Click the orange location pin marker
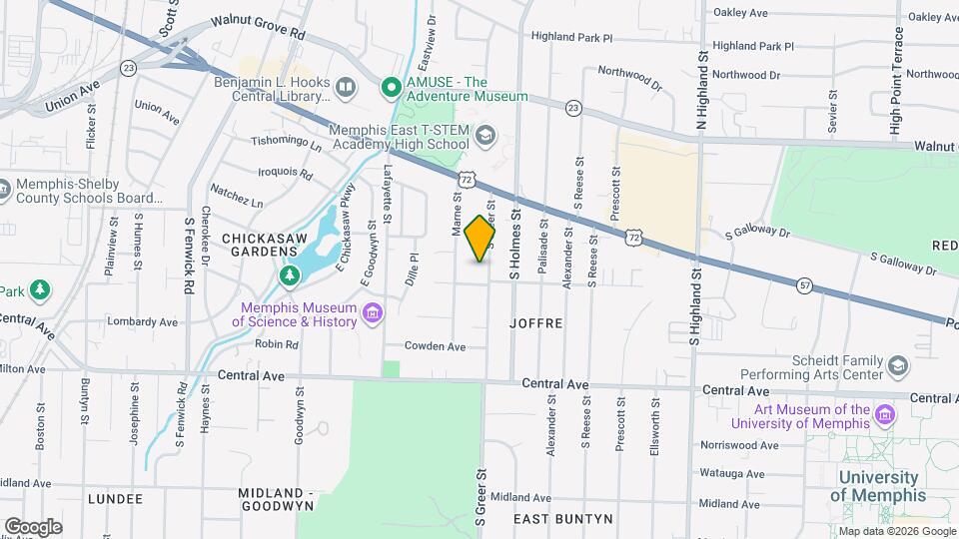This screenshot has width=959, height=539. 480,239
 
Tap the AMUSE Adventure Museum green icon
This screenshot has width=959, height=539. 393,89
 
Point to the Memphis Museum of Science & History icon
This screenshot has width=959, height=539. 373,314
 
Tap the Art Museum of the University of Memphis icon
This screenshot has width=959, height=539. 883,414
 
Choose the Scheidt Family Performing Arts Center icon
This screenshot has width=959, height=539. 897,366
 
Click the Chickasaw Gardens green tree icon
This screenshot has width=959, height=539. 290,273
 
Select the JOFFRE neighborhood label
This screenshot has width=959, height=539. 536,323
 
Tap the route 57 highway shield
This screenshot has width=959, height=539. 804,285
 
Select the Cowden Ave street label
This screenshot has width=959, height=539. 435,346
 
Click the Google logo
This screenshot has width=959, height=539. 33,526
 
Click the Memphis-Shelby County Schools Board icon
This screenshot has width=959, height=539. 3,187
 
